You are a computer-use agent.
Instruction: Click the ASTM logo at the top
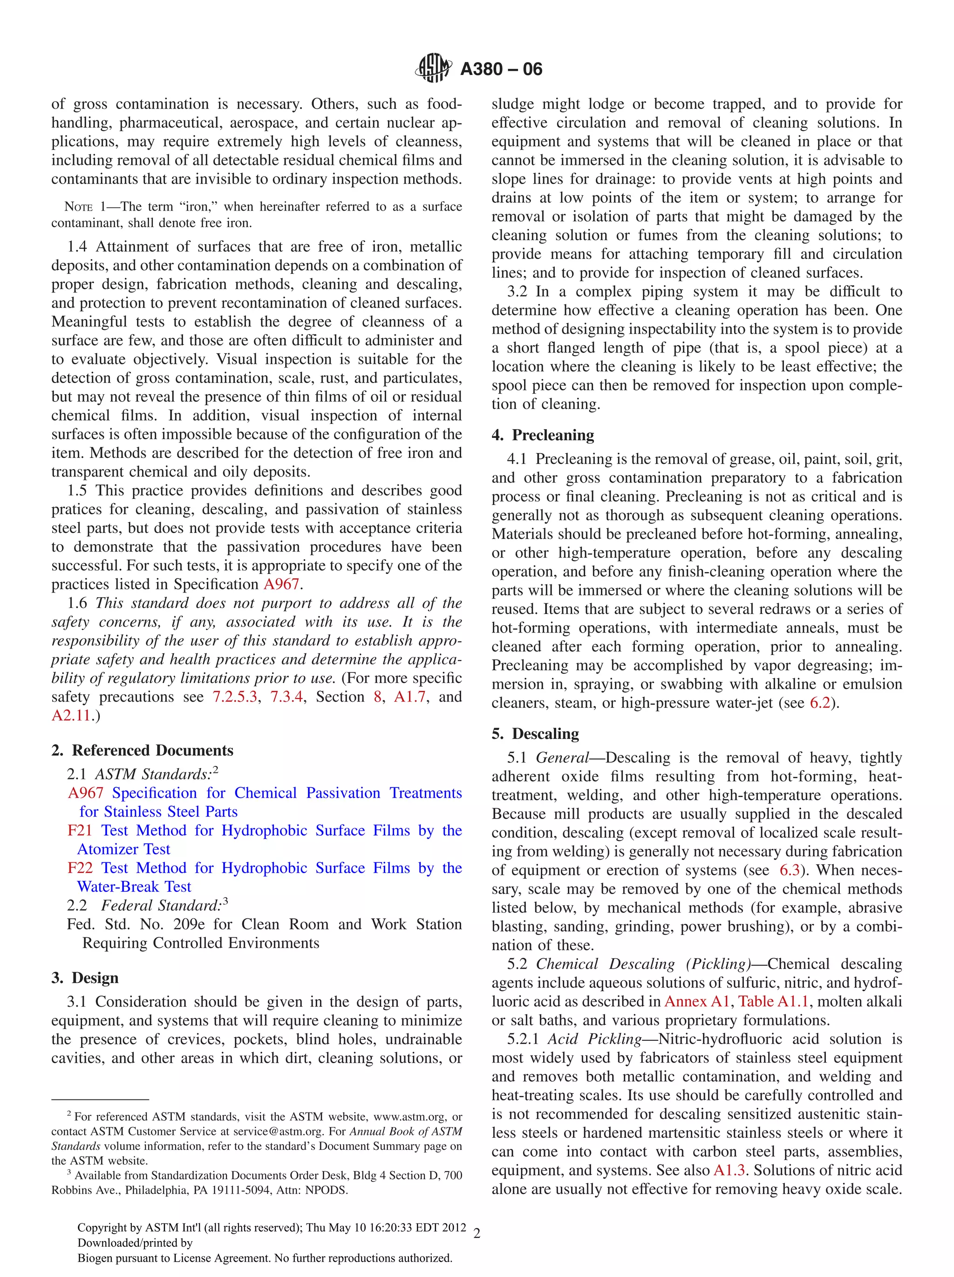432,68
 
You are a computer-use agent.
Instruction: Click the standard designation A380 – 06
501,69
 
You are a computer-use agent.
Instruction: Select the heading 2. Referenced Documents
142,750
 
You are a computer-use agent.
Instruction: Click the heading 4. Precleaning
543,435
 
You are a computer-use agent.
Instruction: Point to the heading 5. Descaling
535,733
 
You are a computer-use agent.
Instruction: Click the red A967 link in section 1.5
281,584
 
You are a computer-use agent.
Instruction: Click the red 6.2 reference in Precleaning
819,703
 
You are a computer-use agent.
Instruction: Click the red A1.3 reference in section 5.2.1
729,1170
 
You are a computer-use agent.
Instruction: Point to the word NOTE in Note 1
78,207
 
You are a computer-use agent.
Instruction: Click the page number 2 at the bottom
477,1234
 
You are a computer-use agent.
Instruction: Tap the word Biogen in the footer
95,1258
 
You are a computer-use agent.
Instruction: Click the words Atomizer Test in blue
123,849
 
